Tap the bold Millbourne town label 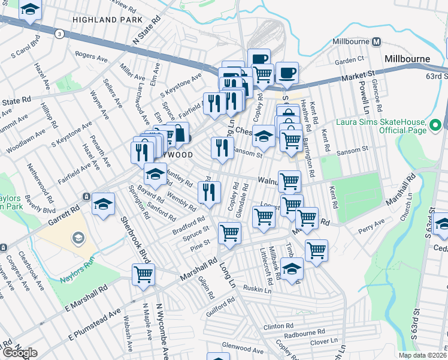pos(407,59)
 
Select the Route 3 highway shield pos(59,34)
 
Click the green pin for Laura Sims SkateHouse pos(435,125)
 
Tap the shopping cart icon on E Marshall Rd pos(143,275)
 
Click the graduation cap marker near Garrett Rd pos(104,205)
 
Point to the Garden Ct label pos(350,60)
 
